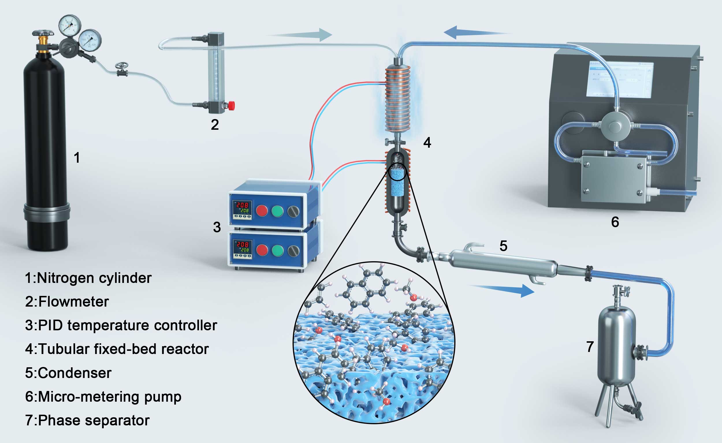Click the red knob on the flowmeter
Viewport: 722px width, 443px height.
[232, 105]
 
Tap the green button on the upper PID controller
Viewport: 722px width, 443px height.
[277, 211]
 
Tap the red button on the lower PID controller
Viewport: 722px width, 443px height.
[262, 250]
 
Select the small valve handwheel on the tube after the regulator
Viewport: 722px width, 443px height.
[122, 66]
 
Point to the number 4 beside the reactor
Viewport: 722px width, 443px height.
[427, 142]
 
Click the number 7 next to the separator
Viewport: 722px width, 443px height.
[590, 347]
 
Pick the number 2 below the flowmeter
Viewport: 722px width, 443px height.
[215, 125]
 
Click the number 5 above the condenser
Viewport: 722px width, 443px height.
[503, 246]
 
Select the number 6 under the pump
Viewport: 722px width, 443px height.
[615, 222]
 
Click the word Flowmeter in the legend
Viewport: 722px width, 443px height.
[74, 302]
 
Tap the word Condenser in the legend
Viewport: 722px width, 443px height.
[75, 373]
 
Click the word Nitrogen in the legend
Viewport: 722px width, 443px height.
[65, 278]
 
